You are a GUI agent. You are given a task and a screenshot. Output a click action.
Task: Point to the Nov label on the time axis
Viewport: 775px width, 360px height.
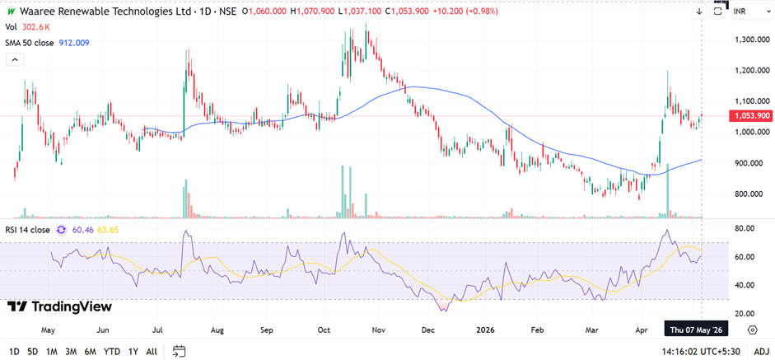(x=379, y=330)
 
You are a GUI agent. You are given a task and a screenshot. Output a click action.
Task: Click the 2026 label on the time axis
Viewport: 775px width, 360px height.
(x=484, y=330)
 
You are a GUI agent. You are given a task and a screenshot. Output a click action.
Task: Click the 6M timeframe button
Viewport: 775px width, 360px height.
(x=90, y=352)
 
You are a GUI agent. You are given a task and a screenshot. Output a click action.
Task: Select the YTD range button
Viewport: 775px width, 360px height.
(x=112, y=352)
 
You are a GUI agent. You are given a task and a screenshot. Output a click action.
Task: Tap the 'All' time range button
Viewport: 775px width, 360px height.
(x=152, y=352)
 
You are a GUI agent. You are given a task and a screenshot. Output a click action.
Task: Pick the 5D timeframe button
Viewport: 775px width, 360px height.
(x=33, y=352)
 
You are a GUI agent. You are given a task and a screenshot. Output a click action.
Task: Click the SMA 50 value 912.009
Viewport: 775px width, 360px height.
(x=74, y=43)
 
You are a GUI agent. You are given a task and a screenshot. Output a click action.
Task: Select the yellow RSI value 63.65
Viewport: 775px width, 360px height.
(x=108, y=230)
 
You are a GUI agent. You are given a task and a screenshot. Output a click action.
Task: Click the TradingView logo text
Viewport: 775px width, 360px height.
(x=60, y=306)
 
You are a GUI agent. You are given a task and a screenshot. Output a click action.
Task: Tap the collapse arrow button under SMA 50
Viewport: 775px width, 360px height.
(x=15, y=60)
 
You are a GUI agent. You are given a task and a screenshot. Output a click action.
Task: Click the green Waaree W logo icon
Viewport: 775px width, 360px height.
(x=10, y=11)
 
